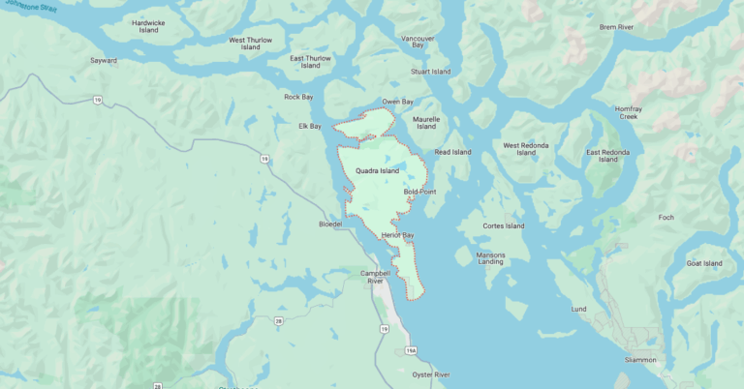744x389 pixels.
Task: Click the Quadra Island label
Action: pyautogui.click(x=377, y=170)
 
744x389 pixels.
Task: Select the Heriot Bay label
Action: pyautogui.click(x=397, y=235)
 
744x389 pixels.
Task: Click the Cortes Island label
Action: pyautogui.click(x=504, y=226)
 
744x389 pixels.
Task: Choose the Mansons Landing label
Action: pyautogui.click(x=490, y=257)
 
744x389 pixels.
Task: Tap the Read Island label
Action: pyautogui.click(x=453, y=152)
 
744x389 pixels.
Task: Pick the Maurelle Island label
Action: pyautogui.click(x=426, y=122)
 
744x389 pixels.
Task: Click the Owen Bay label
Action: pyautogui.click(x=397, y=101)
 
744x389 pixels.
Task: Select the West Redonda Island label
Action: pyautogui.click(x=526, y=148)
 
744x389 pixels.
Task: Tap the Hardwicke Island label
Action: pyautogui.click(x=149, y=26)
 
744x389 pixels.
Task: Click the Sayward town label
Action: pyautogui.click(x=104, y=60)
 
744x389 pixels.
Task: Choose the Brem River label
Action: pyautogui.click(x=616, y=28)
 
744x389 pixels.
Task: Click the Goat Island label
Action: pyautogui.click(x=704, y=263)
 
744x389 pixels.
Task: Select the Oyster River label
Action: pyautogui.click(x=429, y=374)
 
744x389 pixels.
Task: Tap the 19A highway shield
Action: pyautogui.click(x=410, y=350)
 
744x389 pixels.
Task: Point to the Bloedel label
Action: pyautogui.click(x=331, y=224)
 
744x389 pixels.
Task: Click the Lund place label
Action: pyautogui.click(x=578, y=309)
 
